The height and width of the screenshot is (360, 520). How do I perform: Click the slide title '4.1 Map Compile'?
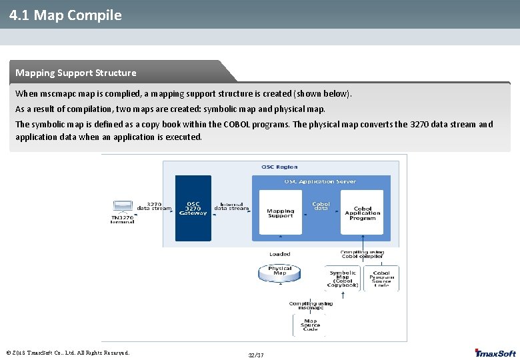coord(65,15)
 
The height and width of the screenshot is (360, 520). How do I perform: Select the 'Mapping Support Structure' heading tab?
coord(75,73)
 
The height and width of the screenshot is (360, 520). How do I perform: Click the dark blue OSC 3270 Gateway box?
coord(193,208)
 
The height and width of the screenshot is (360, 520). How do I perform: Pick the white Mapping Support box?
coord(280,212)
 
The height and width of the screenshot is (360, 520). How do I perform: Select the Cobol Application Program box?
coord(362,212)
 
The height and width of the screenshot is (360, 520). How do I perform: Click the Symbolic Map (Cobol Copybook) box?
coord(343,278)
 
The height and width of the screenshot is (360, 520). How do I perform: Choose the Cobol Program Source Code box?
coord(381,278)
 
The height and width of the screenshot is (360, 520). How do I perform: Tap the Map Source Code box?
coord(311,325)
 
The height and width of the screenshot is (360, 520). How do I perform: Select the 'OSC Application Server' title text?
coord(320,181)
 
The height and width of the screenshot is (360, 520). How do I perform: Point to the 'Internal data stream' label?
coord(231,207)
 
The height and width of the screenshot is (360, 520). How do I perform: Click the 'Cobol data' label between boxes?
coord(321,206)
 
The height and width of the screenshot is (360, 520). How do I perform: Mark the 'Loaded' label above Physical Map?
coord(279,254)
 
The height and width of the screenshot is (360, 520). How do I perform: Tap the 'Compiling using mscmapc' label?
coord(311,305)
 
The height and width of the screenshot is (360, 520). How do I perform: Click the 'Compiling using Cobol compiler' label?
coord(361,254)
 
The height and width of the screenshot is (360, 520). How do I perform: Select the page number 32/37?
coord(256,355)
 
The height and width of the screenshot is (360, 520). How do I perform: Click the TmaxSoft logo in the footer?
coord(495,353)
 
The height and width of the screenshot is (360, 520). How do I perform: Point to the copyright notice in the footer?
coord(67,353)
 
